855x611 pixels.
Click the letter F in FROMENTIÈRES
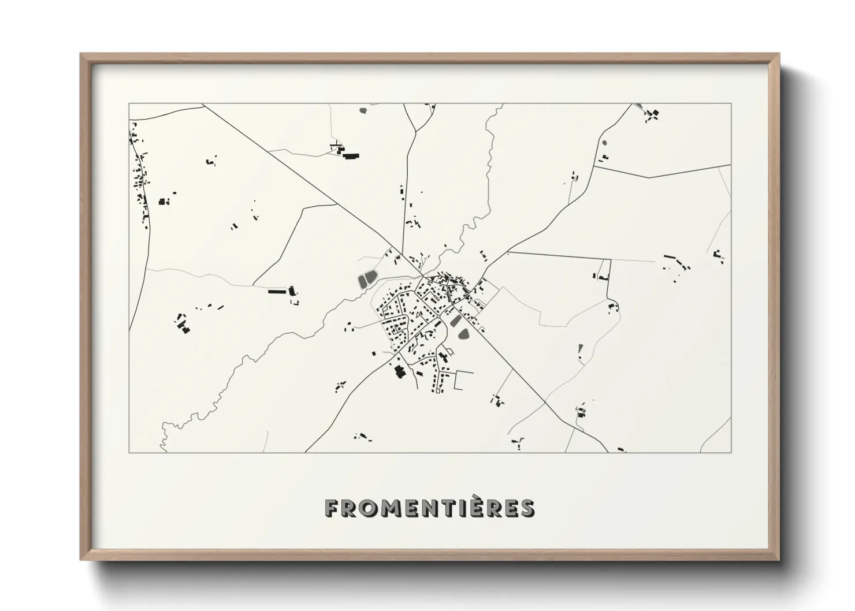pyautogui.click(x=332, y=508)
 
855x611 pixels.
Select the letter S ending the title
pyautogui.click(x=526, y=508)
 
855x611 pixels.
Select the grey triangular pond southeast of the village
pyautogui.click(x=580, y=350)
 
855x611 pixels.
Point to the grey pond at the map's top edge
pyautogui.click(x=363, y=110)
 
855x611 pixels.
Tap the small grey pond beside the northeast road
pyautogui.click(x=605, y=143)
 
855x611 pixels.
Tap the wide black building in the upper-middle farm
pyautogui.click(x=350, y=155)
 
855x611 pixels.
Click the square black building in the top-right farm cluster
pyautogui.click(x=655, y=113)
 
